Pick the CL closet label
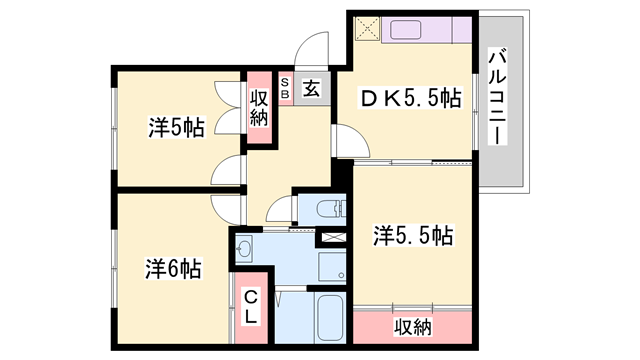coord(251,305)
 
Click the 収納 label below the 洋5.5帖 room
coord(411,327)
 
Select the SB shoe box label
coord(285,88)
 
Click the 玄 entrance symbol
coord(311,89)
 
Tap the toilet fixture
coord(327,209)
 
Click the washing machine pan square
coord(330,266)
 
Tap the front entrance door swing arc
coord(315,48)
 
